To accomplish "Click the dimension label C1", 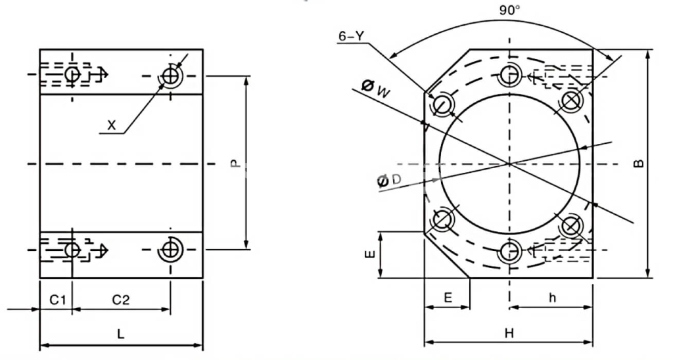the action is (57, 300).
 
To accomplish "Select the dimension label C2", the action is (121, 300).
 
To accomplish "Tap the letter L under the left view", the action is (121, 334).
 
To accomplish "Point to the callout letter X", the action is (112, 125).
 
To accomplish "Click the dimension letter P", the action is (235, 164).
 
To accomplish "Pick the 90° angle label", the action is (509, 11).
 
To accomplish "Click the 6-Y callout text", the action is (351, 37).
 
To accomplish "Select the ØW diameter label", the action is (376, 89).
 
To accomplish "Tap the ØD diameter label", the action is (389, 180).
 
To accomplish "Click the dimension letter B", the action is (639, 164).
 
